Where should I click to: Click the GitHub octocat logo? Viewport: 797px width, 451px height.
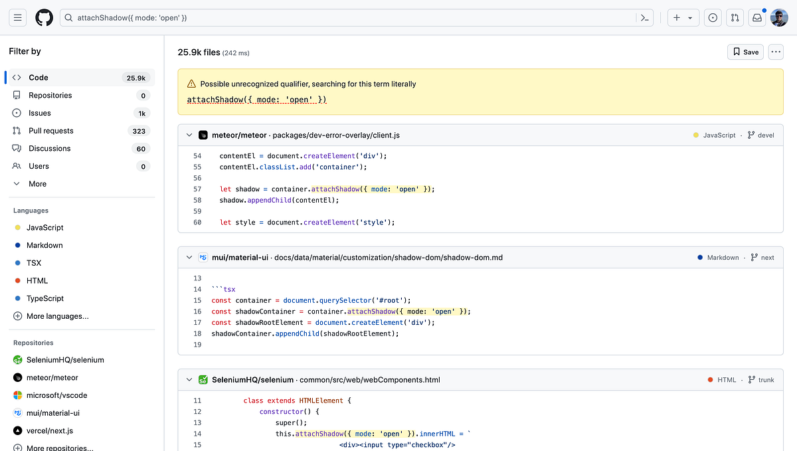pos(44,18)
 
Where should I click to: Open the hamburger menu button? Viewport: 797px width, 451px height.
pos(18,18)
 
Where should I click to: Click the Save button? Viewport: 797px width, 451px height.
pos(745,52)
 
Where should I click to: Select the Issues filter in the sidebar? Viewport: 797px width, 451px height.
pos(40,113)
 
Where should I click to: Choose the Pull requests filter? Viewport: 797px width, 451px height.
pos(51,131)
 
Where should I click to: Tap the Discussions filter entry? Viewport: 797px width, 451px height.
pos(50,148)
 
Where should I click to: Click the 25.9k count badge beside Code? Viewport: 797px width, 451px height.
pos(136,78)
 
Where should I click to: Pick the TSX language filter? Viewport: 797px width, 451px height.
pos(34,263)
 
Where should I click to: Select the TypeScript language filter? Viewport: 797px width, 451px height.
pos(45,298)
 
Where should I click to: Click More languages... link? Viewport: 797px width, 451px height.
pos(57,316)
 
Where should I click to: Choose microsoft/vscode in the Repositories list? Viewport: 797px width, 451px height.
pos(56,395)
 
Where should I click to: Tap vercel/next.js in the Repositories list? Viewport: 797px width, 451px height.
pos(50,430)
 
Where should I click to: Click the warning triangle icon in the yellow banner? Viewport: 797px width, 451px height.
pos(191,84)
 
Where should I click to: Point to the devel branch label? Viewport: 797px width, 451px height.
pos(766,135)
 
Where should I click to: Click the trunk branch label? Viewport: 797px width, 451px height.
pos(766,380)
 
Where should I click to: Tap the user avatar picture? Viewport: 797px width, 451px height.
pos(779,18)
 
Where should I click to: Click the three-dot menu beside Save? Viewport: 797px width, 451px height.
pos(776,52)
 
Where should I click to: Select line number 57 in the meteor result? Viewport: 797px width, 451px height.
pos(197,189)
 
